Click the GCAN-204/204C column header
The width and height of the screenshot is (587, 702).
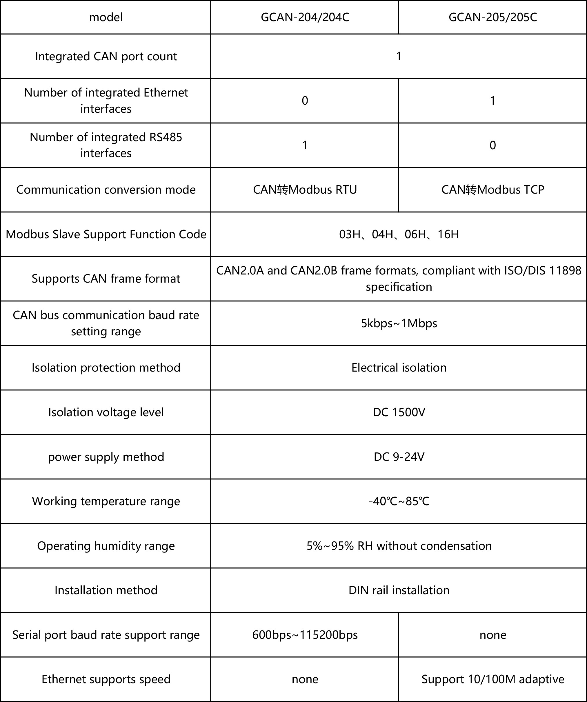pyautogui.click(x=305, y=17)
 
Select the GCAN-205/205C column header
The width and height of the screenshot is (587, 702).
pyautogui.click(x=493, y=17)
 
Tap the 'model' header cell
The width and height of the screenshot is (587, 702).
pyautogui.click(x=106, y=17)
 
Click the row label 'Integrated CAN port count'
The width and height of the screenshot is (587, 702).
pyautogui.click(x=106, y=56)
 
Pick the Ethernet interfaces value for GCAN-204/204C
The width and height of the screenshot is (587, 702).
pyautogui.click(x=305, y=100)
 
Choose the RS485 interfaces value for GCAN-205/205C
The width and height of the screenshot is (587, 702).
pyautogui.click(x=493, y=145)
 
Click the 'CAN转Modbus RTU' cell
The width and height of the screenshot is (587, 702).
pyautogui.click(x=305, y=190)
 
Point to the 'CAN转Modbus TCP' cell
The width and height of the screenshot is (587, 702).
pyautogui.click(x=493, y=190)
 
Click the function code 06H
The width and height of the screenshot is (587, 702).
pyautogui.click(x=415, y=234)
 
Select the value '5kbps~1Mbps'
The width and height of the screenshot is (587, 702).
pyautogui.click(x=399, y=323)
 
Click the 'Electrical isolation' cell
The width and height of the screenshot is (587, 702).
pyautogui.click(x=399, y=368)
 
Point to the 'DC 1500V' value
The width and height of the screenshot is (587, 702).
pyautogui.click(x=399, y=412)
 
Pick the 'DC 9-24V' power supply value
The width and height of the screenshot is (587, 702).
pyautogui.click(x=399, y=457)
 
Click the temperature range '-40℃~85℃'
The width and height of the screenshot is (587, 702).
pyautogui.click(x=399, y=501)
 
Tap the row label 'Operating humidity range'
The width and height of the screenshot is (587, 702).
pyautogui.click(x=106, y=545)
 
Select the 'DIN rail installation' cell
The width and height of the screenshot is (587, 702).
pyautogui.click(x=399, y=590)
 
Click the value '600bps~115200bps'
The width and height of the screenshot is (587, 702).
pyautogui.click(x=305, y=634)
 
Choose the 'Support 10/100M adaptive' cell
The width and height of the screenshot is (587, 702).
pyautogui.click(x=493, y=679)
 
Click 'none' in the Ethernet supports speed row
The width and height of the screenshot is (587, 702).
pyautogui.click(x=305, y=679)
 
